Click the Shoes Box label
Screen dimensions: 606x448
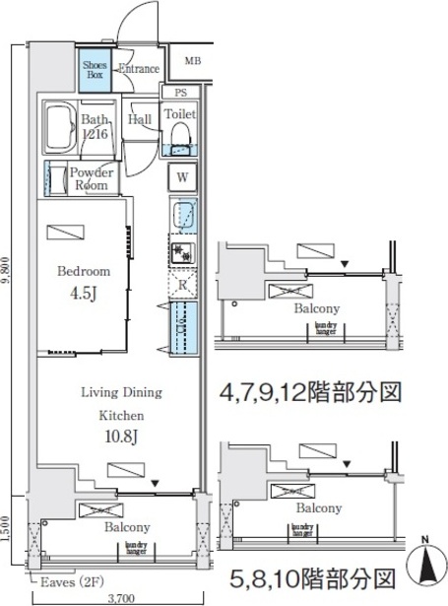coord(95,69)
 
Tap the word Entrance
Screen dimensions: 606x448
coord(139,69)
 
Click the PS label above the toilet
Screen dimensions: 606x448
coord(180,94)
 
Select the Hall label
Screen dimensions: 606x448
coord(139,120)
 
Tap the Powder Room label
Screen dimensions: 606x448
coord(91,178)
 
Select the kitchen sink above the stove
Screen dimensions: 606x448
coord(182,216)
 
